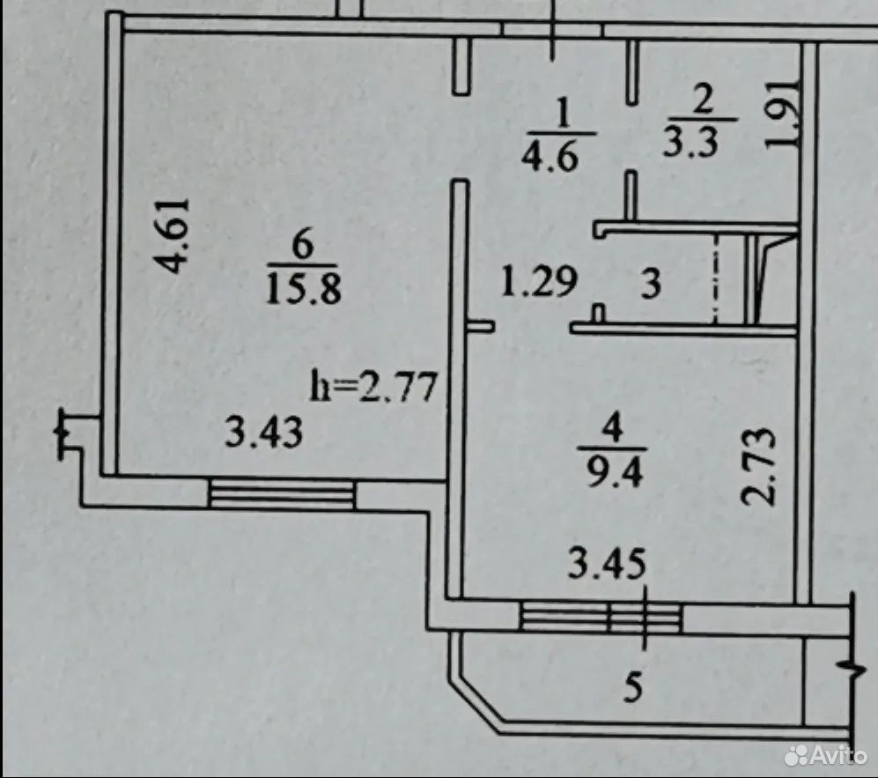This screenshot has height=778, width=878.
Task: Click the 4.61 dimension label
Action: click(x=172, y=235)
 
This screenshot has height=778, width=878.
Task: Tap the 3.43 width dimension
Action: click(x=263, y=432)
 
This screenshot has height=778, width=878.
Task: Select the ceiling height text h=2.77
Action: click(x=373, y=387)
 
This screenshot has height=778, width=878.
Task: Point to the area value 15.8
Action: click(x=303, y=289)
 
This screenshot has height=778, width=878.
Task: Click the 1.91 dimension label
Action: click(x=783, y=113)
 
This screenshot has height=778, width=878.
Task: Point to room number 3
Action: click(x=651, y=284)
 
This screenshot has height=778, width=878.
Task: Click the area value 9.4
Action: click(x=614, y=471)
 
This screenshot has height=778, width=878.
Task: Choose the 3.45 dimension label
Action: click(x=607, y=564)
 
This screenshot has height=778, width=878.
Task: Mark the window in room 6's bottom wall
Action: click(x=281, y=493)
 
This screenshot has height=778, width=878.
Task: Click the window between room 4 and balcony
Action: click(x=601, y=617)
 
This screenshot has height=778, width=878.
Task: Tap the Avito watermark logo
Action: click(x=826, y=756)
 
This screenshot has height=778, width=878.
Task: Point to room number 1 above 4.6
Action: click(x=562, y=115)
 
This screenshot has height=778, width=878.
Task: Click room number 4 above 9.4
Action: click(x=614, y=430)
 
